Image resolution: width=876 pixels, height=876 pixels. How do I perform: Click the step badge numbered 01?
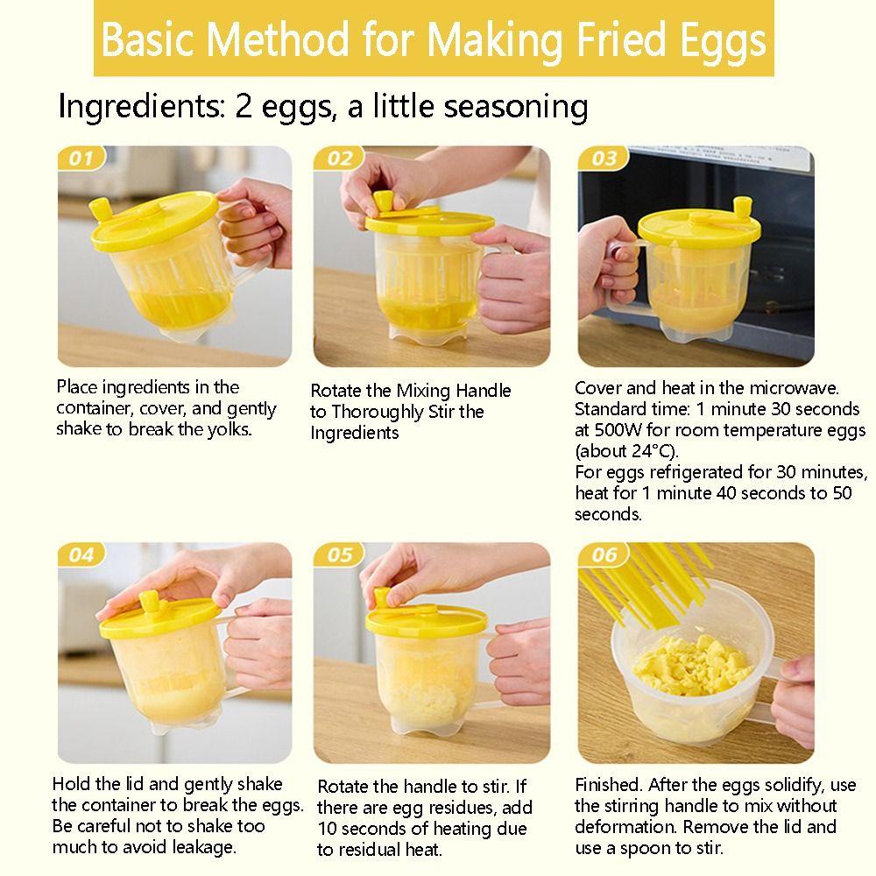click(81, 159)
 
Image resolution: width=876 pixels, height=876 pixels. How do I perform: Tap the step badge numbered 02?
click(340, 159)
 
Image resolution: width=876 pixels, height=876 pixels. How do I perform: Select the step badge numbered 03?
click(604, 159)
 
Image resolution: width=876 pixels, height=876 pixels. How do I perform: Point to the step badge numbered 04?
click(81, 555)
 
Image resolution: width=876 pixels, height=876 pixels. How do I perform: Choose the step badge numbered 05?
click(340, 555)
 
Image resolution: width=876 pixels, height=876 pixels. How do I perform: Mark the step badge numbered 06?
click(604, 555)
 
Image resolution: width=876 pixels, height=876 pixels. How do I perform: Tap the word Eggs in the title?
click(724, 40)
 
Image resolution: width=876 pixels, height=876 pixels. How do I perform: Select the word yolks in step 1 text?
click(231, 429)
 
